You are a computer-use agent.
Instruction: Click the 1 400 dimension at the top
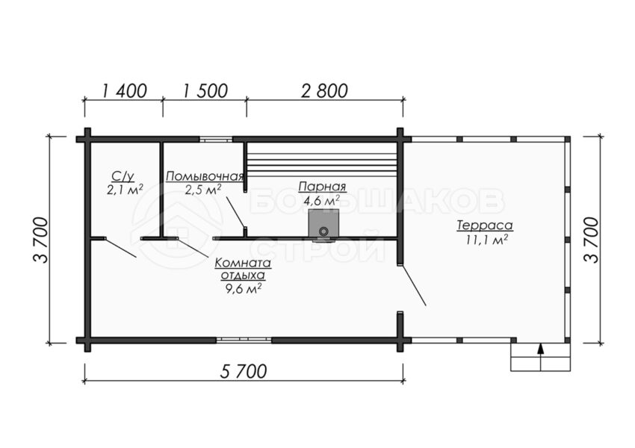pyautogui.click(x=123, y=91)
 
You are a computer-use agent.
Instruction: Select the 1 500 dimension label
pyautogui.click(x=205, y=91)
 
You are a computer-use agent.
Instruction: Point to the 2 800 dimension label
pyautogui.click(x=324, y=91)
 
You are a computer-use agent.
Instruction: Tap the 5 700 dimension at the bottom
pyautogui.click(x=244, y=371)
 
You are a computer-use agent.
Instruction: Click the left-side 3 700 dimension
pyautogui.click(x=40, y=240)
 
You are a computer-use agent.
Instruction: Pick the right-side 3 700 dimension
pyautogui.click(x=591, y=240)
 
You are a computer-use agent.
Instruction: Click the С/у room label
pyautogui.click(x=123, y=176)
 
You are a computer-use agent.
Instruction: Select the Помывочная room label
pyautogui.click(x=205, y=176)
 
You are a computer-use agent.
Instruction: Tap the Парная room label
pyautogui.click(x=323, y=187)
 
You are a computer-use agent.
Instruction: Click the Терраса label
pyautogui.click(x=485, y=225)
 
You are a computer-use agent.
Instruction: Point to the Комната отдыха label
pyautogui.click(x=243, y=269)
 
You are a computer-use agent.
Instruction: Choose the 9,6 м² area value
pyautogui.click(x=243, y=287)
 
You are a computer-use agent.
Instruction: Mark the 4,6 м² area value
pyautogui.click(x=322, y=200)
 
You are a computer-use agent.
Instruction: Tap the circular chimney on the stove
pyautogui.click(x=323, y=232)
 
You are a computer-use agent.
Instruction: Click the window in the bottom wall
pyautogui.click(x=244, y=340)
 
